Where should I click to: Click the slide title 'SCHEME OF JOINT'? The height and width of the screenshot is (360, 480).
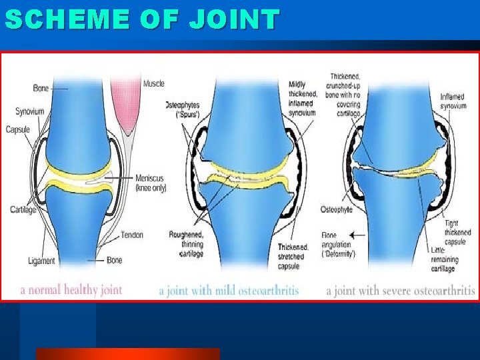(x=141, y=20)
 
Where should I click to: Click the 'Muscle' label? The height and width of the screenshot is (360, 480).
(x=153, y=84)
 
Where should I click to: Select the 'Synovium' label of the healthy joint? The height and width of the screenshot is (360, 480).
(x=30, y=111)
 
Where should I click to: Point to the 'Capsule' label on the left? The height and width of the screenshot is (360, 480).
(x=18, y=129)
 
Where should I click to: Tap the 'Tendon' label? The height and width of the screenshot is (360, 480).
(x=131, y=235)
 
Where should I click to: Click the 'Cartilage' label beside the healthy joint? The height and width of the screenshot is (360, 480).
(x=23, y=210)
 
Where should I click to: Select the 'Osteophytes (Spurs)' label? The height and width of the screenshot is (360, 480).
(x=182, y=110)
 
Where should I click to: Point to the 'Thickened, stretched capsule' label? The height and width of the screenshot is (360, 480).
(x=290, y=257)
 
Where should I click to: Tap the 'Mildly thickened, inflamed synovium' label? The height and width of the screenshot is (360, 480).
(x=301, y=99)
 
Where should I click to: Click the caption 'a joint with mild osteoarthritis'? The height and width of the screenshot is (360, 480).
(x=229, y=291)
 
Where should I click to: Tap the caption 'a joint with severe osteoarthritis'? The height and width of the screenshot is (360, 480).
(x=400, y=291)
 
